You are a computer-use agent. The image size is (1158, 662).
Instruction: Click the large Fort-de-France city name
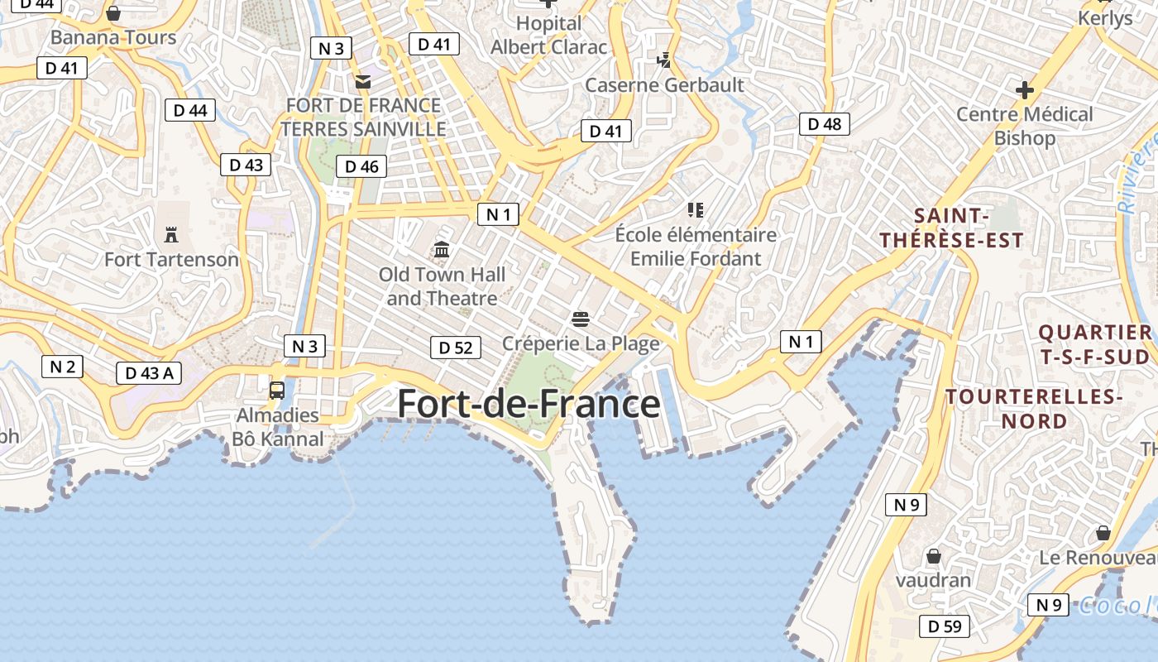(529, 404)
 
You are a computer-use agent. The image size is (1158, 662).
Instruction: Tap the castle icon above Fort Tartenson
(171, 235)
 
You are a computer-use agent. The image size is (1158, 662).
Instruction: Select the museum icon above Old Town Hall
(442, 249)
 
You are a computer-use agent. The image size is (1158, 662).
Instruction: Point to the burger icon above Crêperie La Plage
(580, 319)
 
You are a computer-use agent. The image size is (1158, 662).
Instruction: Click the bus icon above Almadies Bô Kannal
(277, 390)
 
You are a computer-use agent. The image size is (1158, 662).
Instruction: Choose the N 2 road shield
(62, 366)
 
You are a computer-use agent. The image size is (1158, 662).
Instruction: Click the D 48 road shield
(825, 124)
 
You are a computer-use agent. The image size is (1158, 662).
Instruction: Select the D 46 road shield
(361, 166)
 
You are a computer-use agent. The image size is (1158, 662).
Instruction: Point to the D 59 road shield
(945, 626)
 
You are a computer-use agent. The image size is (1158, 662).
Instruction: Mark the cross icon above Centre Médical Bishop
(1025, 89)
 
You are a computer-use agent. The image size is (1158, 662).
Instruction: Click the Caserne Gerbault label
(664, 85)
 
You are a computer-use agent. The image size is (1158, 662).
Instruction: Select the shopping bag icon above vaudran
(934, 556)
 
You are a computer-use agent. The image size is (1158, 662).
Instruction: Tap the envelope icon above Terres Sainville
(362, 82)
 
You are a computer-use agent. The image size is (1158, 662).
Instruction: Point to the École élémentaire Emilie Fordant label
(696, 247)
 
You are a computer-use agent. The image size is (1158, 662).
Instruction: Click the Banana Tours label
(113, 37)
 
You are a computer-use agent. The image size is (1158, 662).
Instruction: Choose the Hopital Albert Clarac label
(548, 36)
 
